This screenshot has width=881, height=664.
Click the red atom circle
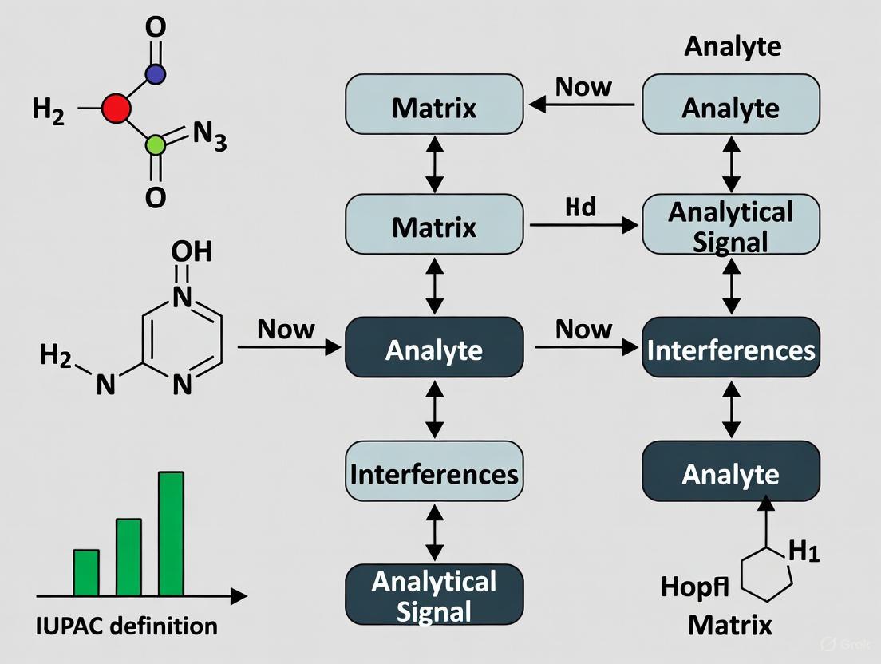pyautogui.click(x=117, y=109)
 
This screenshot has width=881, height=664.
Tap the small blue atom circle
pyautogui.click(x=156, y=74)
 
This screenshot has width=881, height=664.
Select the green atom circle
pyautogui.click(x=156, y=144)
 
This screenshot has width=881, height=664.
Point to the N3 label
pyautogui.click(x=210, y=140)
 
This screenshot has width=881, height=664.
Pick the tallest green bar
pyautogui.click(x=171, y=534)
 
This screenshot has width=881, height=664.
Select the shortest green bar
pyautogui.click(x=86, y=572)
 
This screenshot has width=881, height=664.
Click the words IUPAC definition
pyautogui.click(x=127, y=626)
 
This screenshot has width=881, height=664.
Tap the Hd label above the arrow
pyautogui.click(x=580, y=207)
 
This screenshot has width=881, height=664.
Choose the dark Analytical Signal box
pyautogui.click(x=434, y=595)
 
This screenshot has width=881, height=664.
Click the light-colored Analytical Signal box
pyautogui.click(x=731, y=227)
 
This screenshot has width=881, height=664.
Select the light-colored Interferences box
pyautogui.click(x=434, y=474)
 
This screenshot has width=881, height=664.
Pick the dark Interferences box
pyautogui.click(x=731, y=350)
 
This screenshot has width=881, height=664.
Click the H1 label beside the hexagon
pyautogui.click(x=804, y=551)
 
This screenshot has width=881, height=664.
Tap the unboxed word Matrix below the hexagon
pyautogui.click(x=729, y=625)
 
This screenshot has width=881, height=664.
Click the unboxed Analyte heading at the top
pyautogui.click(x=733, y=46)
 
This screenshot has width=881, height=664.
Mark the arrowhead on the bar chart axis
pyautogui.click(x=239, y=596)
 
